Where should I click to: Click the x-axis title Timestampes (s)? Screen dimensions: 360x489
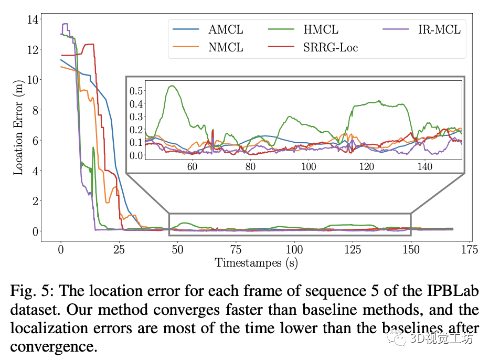click(x=256, y=263)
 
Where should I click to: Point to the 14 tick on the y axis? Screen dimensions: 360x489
click(x=33, y=19)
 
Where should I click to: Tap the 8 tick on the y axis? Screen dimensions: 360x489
click(x=35, y=110)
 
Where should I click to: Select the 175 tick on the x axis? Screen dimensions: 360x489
click(x=469, y=249)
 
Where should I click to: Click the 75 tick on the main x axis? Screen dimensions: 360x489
click(x=236, y=249)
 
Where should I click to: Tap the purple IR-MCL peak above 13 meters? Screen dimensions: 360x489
click(x=65, y=24)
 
